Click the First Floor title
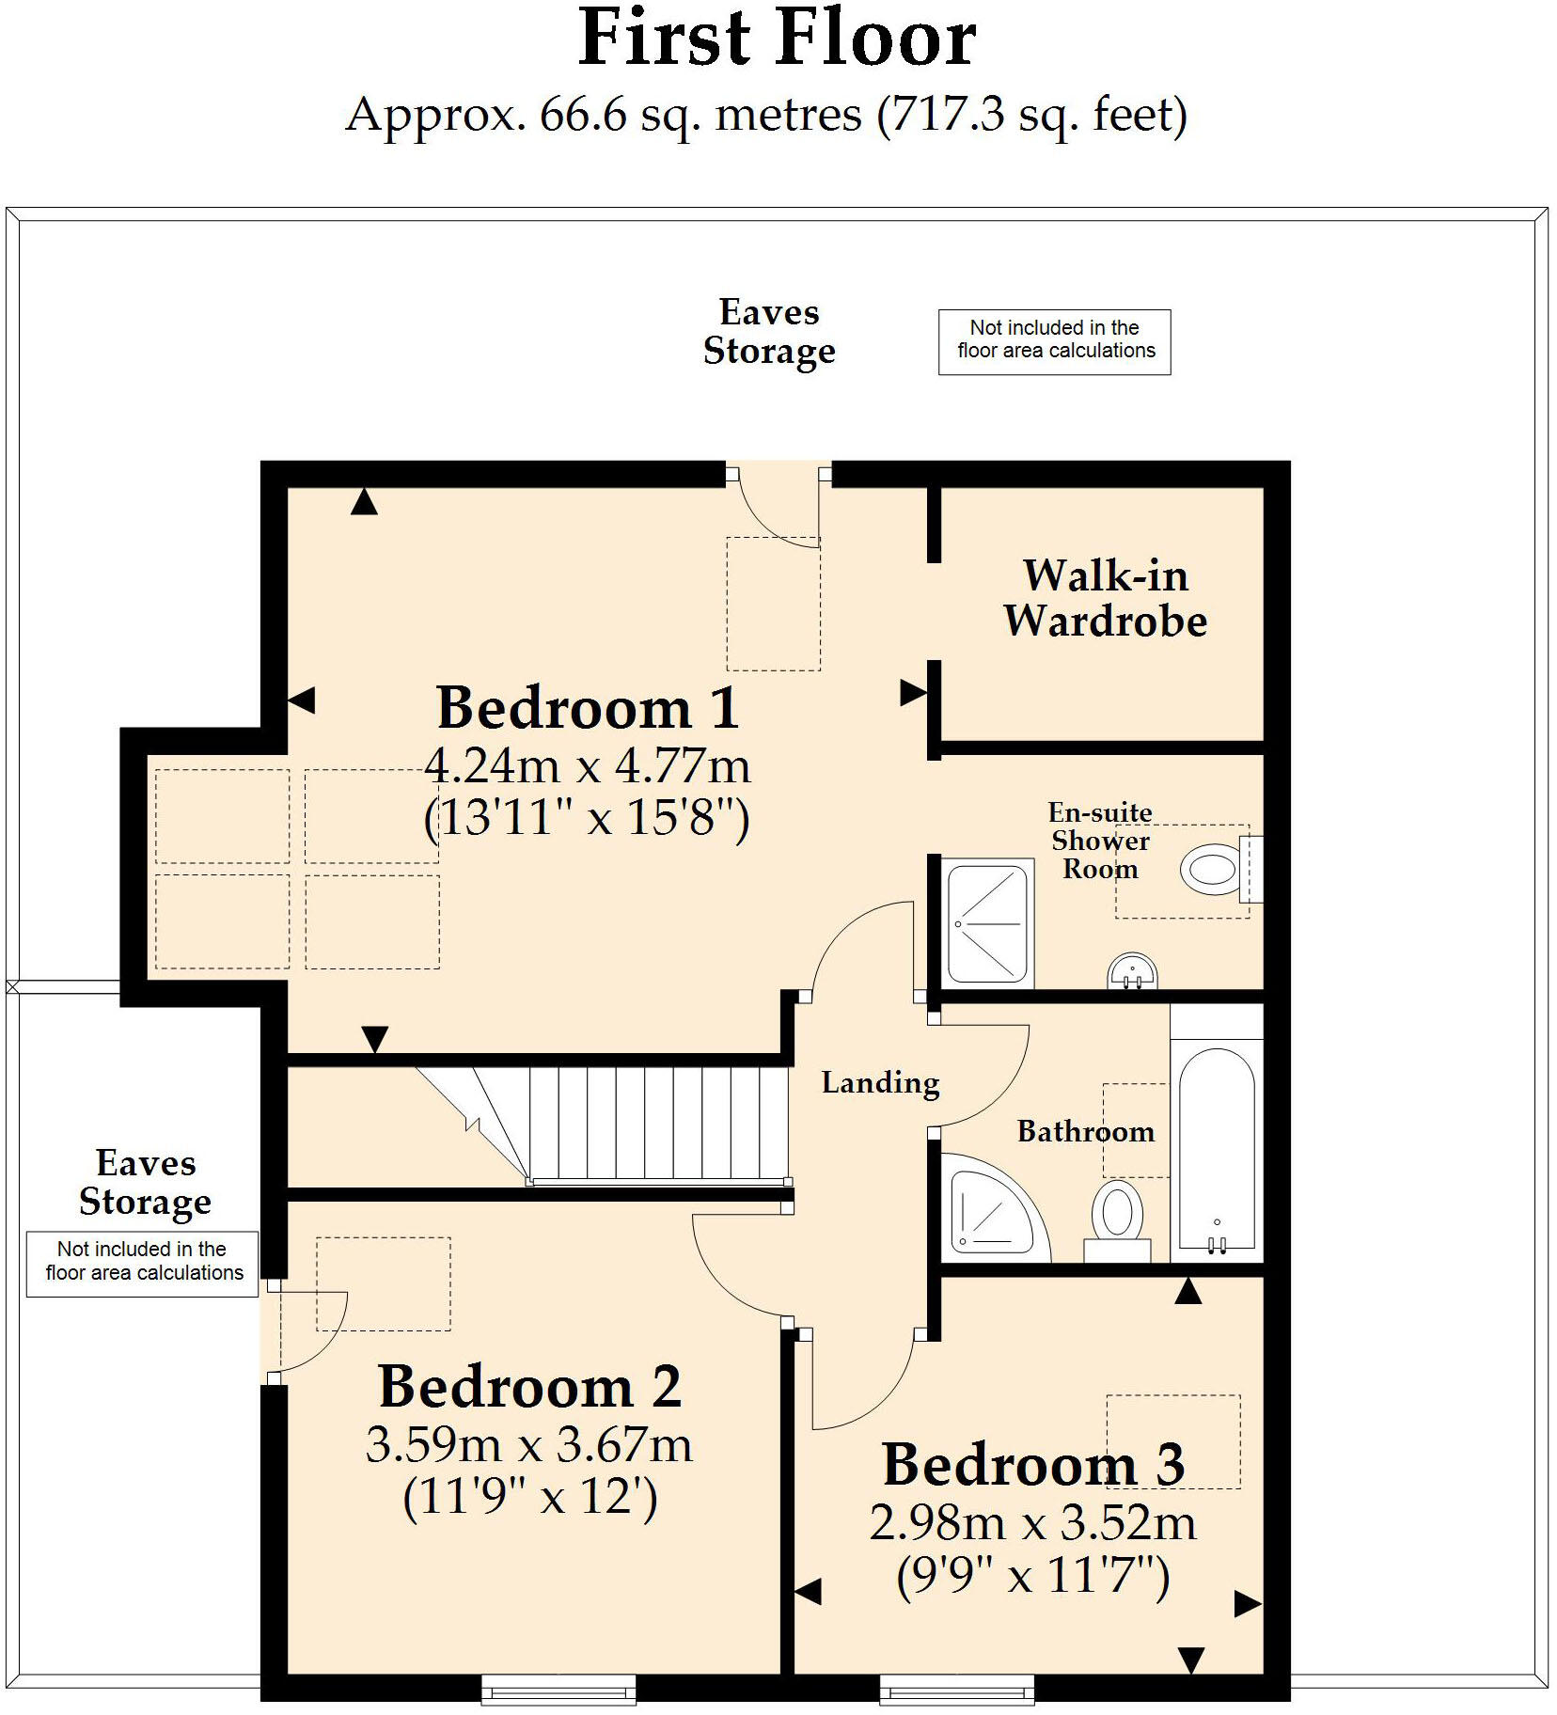(x=777, y=39)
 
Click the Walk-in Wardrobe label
(x=1105, y=598)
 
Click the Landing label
(x=880, y=1082)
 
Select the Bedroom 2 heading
(x=529, y=1387)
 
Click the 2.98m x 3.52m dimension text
(x=1032, y=1523)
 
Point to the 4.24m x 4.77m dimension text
(x=588, y=766)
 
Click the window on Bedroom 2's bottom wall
(x=558, y=1690)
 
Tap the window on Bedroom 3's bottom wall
(x=957, y=1690)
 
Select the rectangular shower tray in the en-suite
(x=987, y=923)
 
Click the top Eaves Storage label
(x=769, y=331)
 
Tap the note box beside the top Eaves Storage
(x=1054, y=341)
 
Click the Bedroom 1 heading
(x=588, y=707)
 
